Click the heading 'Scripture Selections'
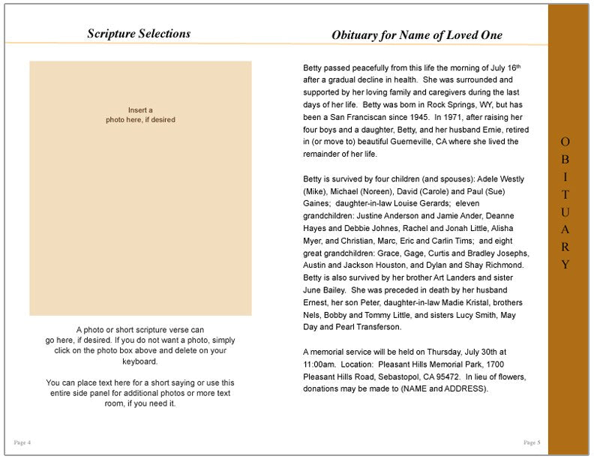coord(139,34)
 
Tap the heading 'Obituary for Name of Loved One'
coord(417,35)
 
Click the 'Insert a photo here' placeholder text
coord(140,115)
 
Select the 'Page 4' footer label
coord(22,442)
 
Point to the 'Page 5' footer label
coord(532,442)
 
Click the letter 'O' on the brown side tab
coord(565,141)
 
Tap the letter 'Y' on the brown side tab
coord(565,264)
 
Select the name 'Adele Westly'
coord(499,178)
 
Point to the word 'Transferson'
coord(379,327)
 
